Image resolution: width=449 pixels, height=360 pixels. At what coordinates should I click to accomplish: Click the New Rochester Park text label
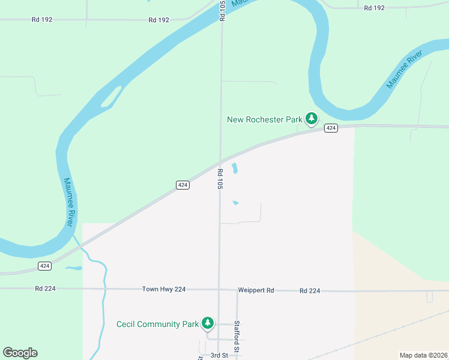click(264, 119)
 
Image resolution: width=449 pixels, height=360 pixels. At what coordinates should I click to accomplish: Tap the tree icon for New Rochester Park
click(311, 119)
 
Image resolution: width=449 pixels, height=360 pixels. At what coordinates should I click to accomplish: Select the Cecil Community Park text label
click(157, 324)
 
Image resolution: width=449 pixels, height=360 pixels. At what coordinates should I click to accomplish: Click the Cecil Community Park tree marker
click(208, 323)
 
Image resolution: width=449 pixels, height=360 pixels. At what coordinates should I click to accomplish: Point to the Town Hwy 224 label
click(164, 289)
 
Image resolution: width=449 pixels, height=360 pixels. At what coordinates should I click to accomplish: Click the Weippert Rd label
click(256, 290)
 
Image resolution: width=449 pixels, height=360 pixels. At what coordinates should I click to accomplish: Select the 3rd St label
click(219, 355)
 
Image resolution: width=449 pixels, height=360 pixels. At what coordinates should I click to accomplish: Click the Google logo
click(20, 353)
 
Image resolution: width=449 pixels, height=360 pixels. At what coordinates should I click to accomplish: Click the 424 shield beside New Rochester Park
click(331, 128)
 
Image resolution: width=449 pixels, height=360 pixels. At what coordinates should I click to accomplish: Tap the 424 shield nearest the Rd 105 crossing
click(184, 185)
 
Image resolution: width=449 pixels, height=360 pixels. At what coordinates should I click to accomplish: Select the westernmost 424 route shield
click(44, 265)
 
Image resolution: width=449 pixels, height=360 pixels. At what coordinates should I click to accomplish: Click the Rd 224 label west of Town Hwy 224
click(45, 289)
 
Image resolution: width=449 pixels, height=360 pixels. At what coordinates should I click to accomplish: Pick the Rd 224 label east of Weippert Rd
click(310, 290)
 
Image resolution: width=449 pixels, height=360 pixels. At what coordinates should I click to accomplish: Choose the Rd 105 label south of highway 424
click(220, 179)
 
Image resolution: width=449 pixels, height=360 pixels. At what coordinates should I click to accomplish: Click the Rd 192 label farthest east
click(374, 8)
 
